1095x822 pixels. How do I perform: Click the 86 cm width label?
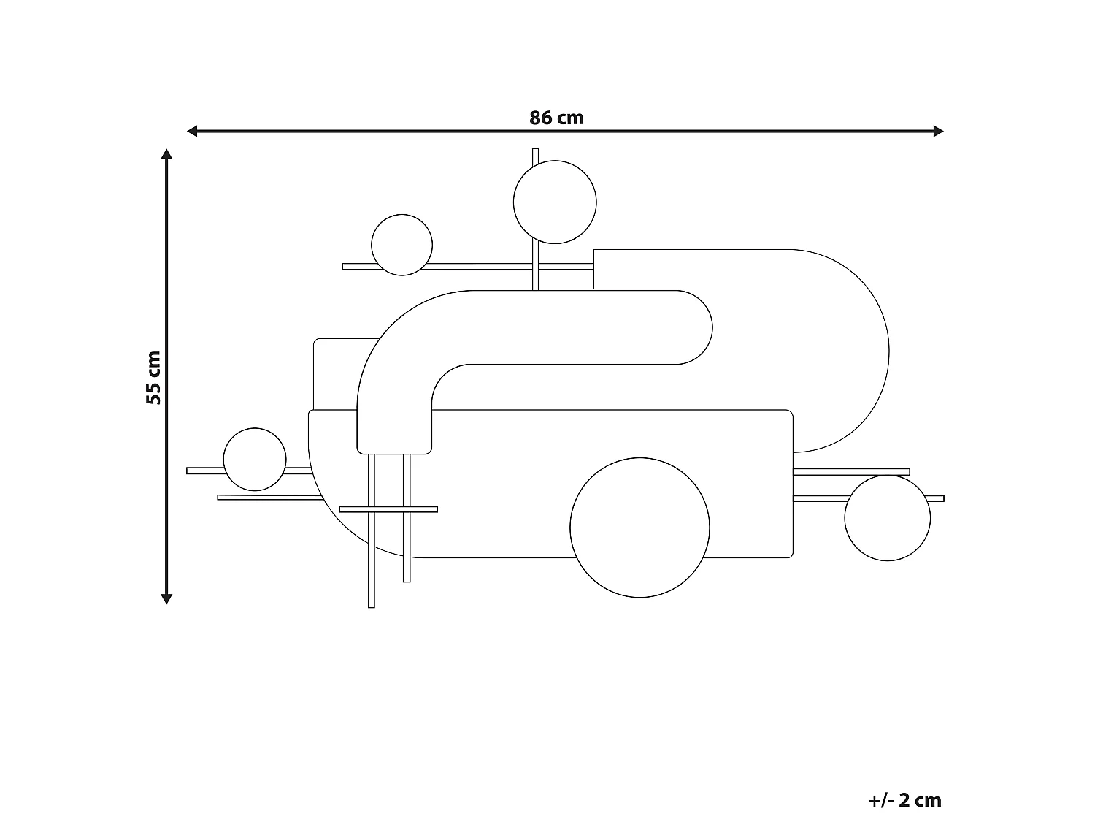(x=556, y=118)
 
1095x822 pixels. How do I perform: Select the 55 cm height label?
(x=153, y=378)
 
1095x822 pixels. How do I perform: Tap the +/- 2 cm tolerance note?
(x=904, y=800)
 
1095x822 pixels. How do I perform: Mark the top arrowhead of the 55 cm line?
(x=166, y=155)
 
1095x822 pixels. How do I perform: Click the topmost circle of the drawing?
(x=555, y=202)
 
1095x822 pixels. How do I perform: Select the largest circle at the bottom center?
(x=639, y=528)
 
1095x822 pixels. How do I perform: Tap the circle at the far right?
(x=887, y=518)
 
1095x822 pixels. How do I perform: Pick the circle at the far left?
(x=255, y=460)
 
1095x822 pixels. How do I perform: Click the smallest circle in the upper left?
(x=401, y=245)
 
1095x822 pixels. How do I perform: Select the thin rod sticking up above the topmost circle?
(x=535, y=156)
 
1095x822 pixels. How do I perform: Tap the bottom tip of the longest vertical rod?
(x=372, y=604)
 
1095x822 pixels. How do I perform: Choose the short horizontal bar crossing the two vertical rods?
(x=388, y=509)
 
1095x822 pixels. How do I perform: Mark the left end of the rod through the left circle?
(x=190, y=471)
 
